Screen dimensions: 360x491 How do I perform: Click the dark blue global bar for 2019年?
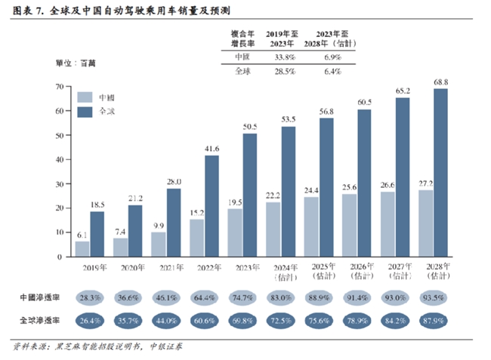(97, 234)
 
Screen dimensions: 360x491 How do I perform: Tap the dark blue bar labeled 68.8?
(440, 173)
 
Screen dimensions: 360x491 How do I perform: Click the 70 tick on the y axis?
(60, 87)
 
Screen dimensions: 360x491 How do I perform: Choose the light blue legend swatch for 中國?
(85, 97)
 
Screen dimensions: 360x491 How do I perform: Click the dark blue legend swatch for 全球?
(85, 111)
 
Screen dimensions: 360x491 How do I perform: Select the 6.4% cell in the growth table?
(332, 71)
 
